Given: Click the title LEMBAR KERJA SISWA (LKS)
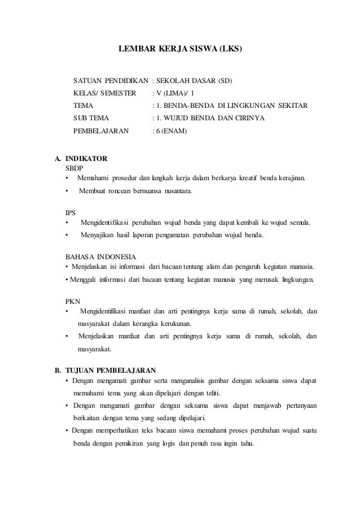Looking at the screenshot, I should point(180,49).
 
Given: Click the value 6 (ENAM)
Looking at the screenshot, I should point(173,132).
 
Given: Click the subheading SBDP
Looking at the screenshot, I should point(74,168).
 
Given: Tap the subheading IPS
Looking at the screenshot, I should point(71,212).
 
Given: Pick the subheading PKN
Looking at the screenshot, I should point(73,300).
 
